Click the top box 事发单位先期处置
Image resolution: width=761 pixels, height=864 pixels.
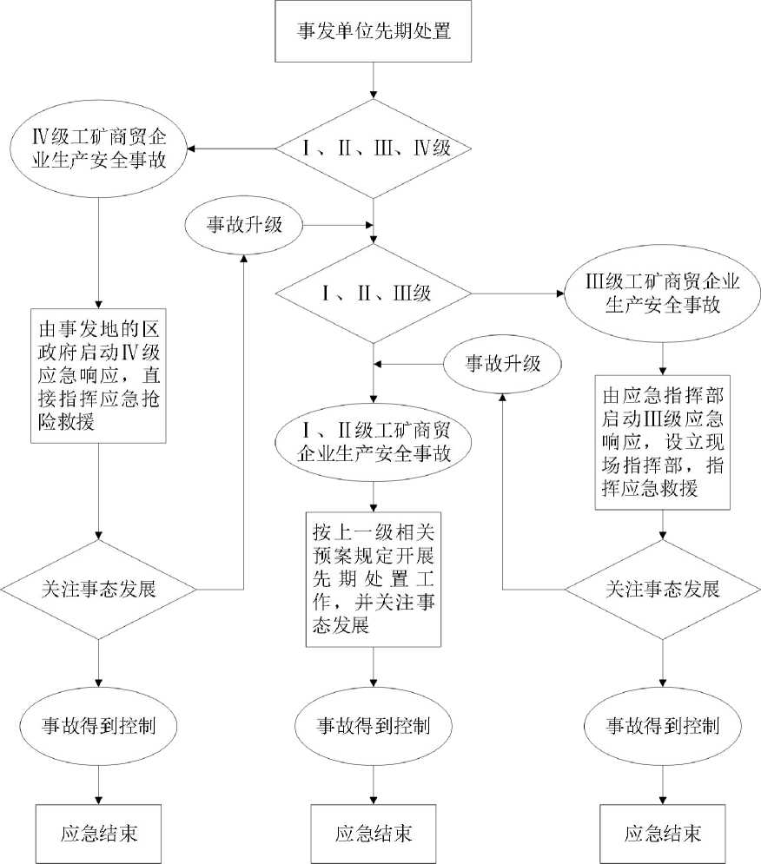(x=373, y=32)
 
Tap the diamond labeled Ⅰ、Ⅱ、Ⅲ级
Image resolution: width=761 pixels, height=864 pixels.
(x=374, y=293)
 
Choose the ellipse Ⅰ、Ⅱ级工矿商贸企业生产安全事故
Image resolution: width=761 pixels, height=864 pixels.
(x=374, y=442)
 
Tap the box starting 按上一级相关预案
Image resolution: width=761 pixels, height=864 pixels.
(x=374, y=579)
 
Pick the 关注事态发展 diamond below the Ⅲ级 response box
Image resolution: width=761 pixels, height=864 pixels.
(x=664, y=589)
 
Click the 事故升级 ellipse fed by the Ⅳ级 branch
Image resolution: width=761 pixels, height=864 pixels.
(x=243, y=224)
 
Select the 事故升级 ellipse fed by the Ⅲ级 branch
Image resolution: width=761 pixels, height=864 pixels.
(x=505, y=362)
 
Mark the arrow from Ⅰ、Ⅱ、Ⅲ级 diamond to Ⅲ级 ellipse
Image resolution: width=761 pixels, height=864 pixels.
(x=518, y=293)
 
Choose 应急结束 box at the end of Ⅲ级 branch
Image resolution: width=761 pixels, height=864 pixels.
(x=664, y=833)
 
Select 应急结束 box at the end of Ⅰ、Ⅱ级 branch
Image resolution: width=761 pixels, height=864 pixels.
(x=374, y=833)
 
